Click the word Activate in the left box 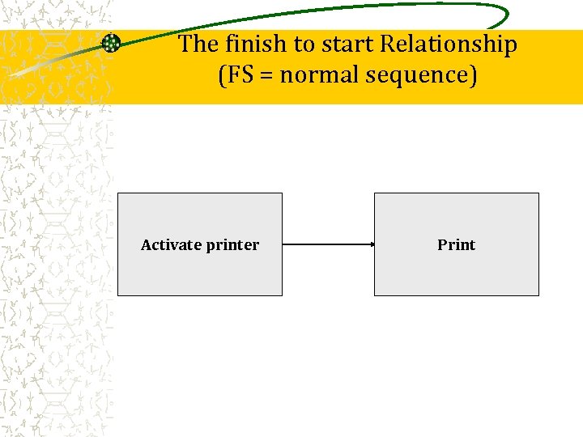click(170, 244)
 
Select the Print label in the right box click(456, 244)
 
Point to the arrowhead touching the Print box click(371, 244)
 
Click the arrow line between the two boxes click(328, 244)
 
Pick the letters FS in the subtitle click(238, 75)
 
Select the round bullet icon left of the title click(111, 44)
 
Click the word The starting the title click(198, 44)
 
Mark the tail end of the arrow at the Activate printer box click(285, 244)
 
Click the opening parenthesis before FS click(221, 76)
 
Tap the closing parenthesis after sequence click(474, 76)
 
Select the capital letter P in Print click(442, 244)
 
